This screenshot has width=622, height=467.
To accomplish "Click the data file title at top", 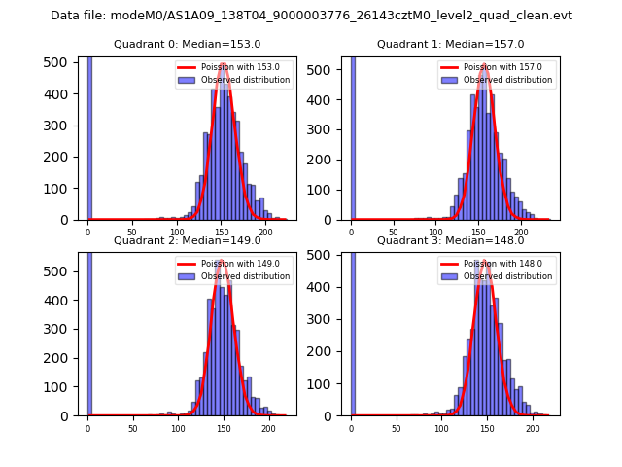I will pyautogui.click(x=311, y=16).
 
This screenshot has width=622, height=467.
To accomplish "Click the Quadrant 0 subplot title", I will pyautogui.click(x=187, y=44).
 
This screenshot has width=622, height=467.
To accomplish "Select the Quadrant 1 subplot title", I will pyautogui.click(x=450, y=44).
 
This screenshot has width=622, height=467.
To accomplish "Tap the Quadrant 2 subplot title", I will pyautogui.click(x=187, y=240).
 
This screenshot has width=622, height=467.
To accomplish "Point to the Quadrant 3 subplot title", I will pyautogui.click(x=450, y=240).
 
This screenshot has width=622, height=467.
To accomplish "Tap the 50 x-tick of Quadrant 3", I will pyautogui.click(x=396, y=428).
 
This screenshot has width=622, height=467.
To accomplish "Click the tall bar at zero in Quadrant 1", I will pyautogui.click(x=352, y=136).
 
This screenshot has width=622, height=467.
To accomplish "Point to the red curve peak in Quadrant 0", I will pyautogui.click(x=224, y=65).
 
